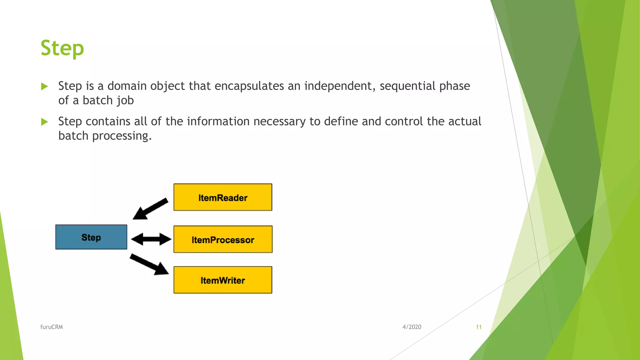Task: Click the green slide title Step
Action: point(62,48)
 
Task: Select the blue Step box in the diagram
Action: point(91,237)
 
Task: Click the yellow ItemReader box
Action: point(223,197)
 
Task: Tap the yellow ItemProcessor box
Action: point(223,239)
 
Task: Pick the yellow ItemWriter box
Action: point(223,280)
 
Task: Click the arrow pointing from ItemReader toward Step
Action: point(150,209)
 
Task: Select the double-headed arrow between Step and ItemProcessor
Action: point(151,239)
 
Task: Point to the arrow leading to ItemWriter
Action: point(149,264)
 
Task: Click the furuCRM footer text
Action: point(52,327)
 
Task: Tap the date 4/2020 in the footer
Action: point(412,327)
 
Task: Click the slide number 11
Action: point(478,327)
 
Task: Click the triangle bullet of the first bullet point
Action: point(44,86)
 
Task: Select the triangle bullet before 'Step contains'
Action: point(44,122)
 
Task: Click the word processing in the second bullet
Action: point(122,136)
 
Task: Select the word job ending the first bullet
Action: point(125,101)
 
